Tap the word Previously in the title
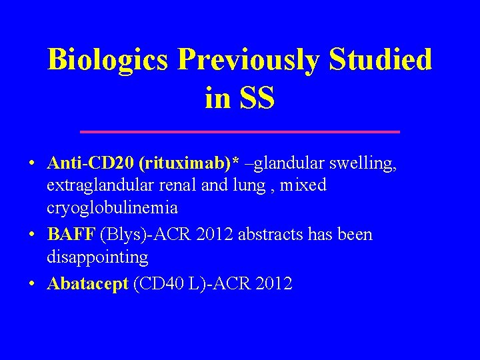[x=252, y=60]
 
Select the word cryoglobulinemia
[x=113, y=207]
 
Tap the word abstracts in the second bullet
[x=250, y=235]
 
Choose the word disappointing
[x=97, y=257]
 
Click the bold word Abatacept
[x=87, y=283]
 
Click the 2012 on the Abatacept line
[x=273, y=283]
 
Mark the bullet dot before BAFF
[x=32, y=235]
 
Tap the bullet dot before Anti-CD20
[x=32, y=164]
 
